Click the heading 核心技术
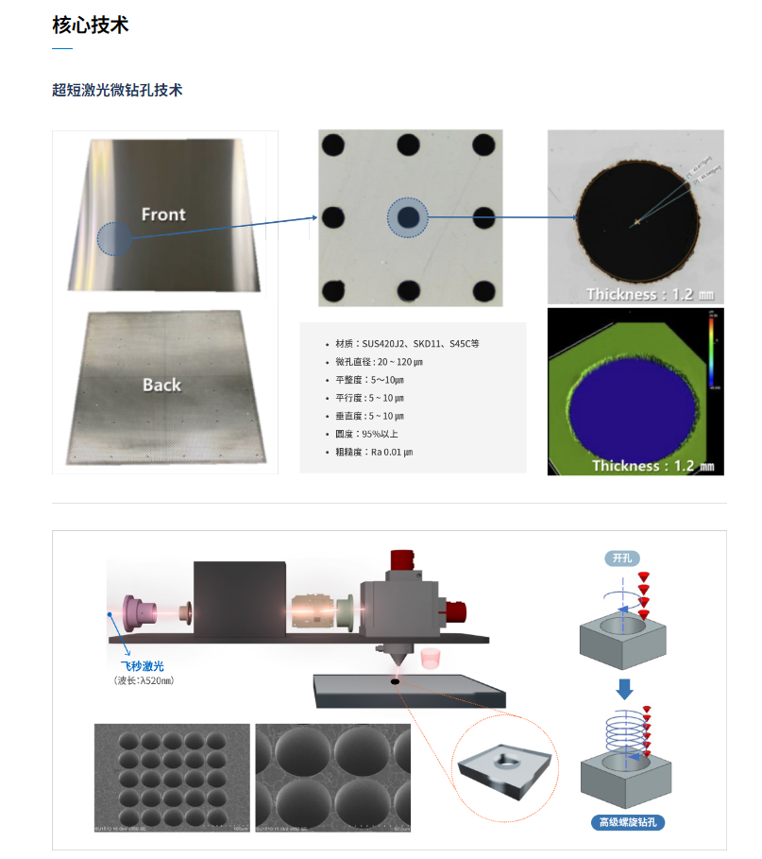coord(90,25)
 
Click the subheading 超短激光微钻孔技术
coord(117,90)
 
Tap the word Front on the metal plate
coord(163,215)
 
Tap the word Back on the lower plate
coord(161,385)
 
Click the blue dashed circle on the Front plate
coord(115,239)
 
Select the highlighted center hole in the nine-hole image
coord(408,218)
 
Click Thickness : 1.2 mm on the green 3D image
coord(652,465)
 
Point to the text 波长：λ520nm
coord(144,680)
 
